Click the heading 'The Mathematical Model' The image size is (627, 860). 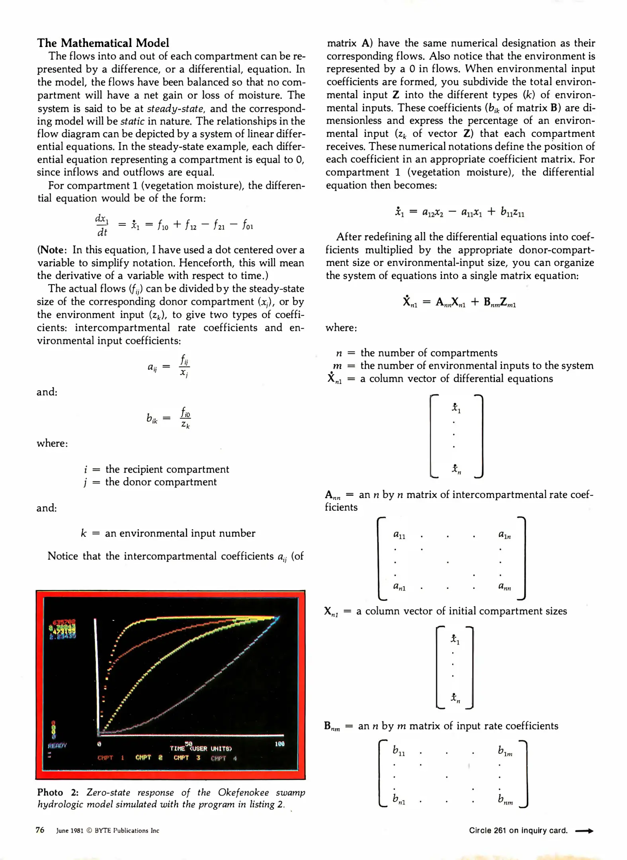[x=103, y=43]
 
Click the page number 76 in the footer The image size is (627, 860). [x=40, y=830]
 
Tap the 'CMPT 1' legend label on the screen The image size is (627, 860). [x=111, y=758]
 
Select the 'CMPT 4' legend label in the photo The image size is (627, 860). [x=224, y=758]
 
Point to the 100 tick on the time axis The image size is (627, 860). [x=279, y=744]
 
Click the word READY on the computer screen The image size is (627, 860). [x=57, y=745]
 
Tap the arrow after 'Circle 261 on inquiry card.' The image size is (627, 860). [x=584, y=831]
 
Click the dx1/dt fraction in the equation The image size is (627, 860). [x=102, y=225]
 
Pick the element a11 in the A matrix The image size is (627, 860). [x=399, y=535]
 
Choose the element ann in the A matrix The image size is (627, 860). [x=504, y=586]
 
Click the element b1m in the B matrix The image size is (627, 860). [x=505, y=751]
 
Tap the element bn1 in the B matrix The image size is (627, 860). [x=399, y=799]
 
